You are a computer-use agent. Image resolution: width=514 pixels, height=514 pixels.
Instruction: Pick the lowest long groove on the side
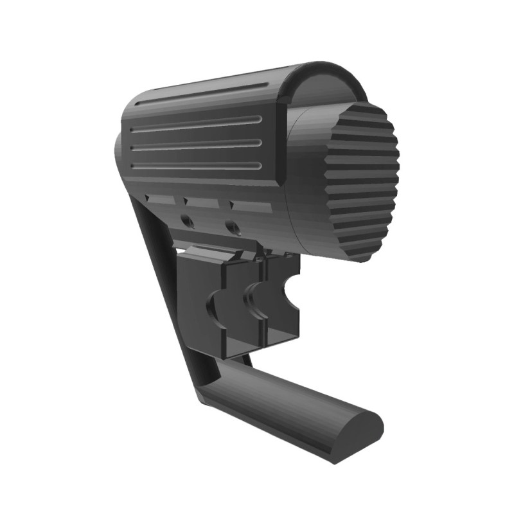pos(196,166)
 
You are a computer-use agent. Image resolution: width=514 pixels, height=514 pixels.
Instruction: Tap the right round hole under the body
pos(232,227)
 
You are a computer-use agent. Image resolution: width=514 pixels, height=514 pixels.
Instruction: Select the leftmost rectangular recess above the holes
pos(161,200)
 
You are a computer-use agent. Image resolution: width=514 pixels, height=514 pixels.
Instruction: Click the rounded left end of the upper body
pos(118,154)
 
